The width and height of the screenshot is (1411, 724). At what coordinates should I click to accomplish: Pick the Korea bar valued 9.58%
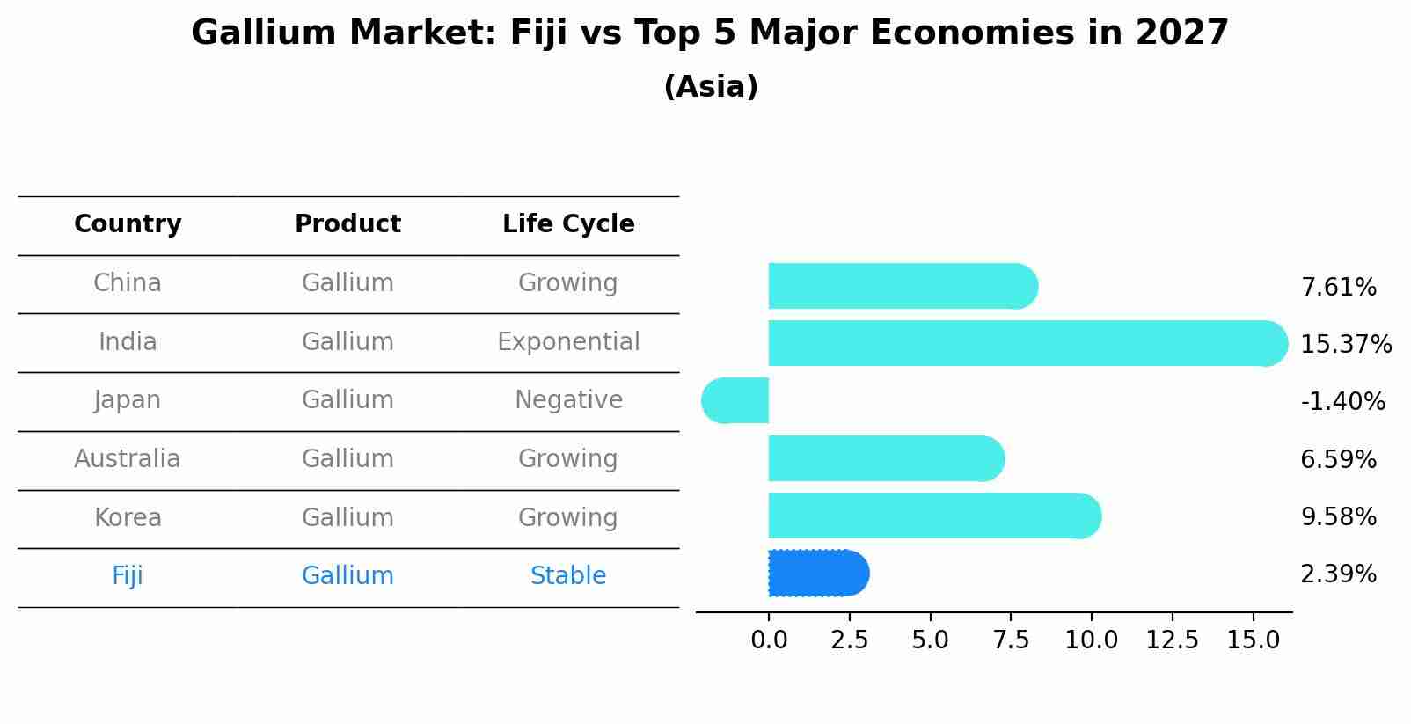pyautogui.click(x=932, y=516)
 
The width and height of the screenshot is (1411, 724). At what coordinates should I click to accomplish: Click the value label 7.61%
pyautogui.click(x=1338, y=288)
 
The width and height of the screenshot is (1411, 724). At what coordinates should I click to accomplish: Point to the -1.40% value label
pyautogui.click(x=1342, y=402)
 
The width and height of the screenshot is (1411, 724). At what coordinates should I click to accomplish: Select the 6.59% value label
pyautogui.click(x=1338, y=459)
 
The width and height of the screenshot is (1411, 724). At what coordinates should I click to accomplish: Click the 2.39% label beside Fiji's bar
pyautogui.click(x=1338, y=574)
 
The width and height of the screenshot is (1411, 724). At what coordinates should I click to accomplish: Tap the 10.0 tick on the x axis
pyautogui.click(x=1091, y=640)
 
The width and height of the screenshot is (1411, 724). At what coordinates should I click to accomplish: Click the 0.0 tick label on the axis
pyautogui.click(x=769, y=640)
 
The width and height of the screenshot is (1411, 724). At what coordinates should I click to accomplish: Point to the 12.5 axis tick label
pyautogui.click(x=1172, y=640)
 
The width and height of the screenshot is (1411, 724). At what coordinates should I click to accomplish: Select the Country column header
pyautogui.click(x=128, y=224)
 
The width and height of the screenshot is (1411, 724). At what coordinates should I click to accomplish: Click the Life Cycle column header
pyautogui.click(x=568, y=224)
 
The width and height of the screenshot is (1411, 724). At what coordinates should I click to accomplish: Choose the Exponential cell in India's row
pyautogui.click(x=568, y=342)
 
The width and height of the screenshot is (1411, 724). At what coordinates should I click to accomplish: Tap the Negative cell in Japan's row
pyautogui.click(x=568, y=400)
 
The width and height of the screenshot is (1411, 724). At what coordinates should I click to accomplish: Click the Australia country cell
pyautogui.click(x=128, y=459)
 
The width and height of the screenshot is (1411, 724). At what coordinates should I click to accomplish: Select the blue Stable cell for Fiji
pyautogui.click(x=568, y=576)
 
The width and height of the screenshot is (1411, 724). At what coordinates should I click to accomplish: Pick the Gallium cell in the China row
pyautogui.click(x=347, y=283)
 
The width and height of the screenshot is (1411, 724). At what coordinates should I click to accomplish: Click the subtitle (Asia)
pyautogui.click(x=711, y=87)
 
